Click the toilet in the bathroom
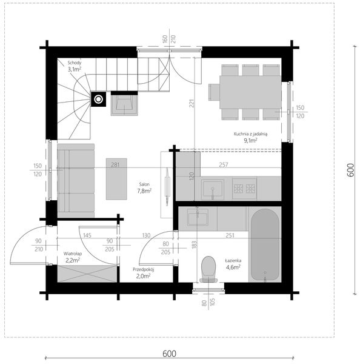click(208, 269)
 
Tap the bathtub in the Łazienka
click(265, 244)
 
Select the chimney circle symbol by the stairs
click(98, 99)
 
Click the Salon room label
click(144, 184)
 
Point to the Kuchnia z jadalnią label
click(250, 134)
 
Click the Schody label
click(75, 62)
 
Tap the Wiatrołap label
click(73, 254)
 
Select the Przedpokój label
click(144, 269)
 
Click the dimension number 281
click(115, 165)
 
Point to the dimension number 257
click(224, 165)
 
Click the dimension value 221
click(192, 103)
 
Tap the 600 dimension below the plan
click(169, 354)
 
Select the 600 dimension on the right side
click(351, 170)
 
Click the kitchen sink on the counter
click(213, 189)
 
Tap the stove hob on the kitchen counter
click(244, 189)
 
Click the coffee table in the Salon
click(116, 179)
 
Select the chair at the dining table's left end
click(214, 92)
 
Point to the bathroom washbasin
click(198, 217)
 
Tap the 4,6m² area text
click(233, 267)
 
